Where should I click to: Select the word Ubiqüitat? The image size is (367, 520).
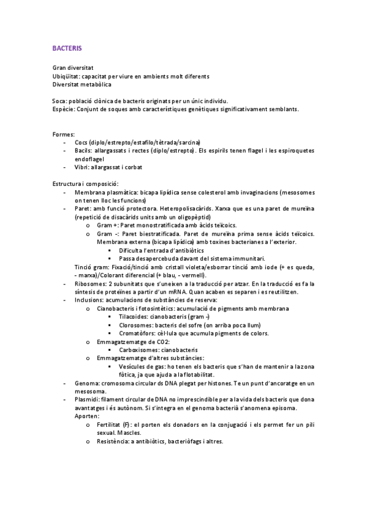click(x=66, y=76)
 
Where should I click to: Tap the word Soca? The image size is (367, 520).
click(x=59, y=101)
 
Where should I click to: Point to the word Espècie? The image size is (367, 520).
click(x=63, y=109)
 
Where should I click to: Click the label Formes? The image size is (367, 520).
click(x=64, y=134)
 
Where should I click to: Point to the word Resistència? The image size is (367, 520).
click(x=115, y=441)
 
